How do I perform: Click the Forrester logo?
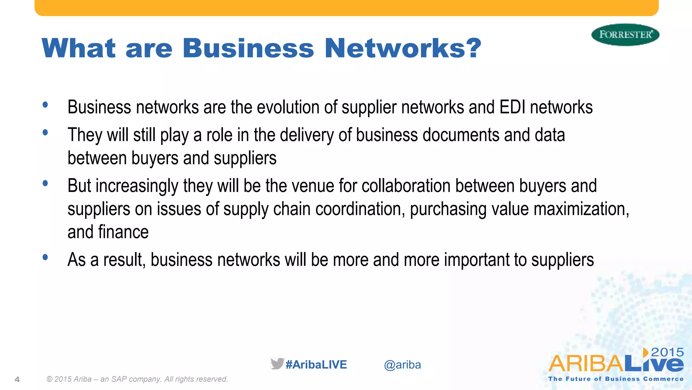(625, 35)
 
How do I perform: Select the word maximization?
(581, 209)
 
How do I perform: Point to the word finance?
(123, 232)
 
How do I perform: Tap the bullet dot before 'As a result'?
(45, 258)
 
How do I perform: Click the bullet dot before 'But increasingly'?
(45, 183)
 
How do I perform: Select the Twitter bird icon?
(277, 364)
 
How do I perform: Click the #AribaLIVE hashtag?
(316, 365)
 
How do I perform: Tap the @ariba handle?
(402, 365)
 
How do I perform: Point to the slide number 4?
(17, 380)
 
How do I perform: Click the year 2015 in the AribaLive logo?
(667, 352)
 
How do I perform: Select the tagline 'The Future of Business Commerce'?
(616, 379)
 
